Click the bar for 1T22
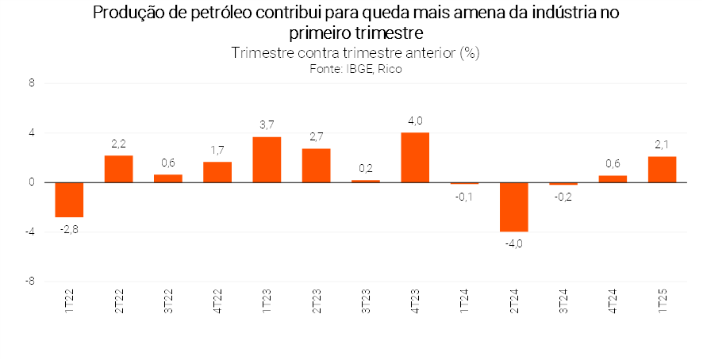pyautogui.click(x=69, y=199)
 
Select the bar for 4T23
pyautogui.click(x=415, y=157)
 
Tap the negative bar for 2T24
pyautogui.click(x=514, y=207)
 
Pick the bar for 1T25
pyautogui.click(x=663, y=169)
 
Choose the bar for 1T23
pyautogui.click(x=267, y=159)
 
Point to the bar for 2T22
pyautogui.click(x=118, y=168)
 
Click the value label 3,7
pyautogui.click(x=267, y=124)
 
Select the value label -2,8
pyautogui.click(x=69, y=229)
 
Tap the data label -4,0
pyautogui.click(x=514, y=243)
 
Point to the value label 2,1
pyautogui.click(x=663, y=144)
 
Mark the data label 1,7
pyautogui.click(x=217, y=149)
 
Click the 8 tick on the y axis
pyautogui.click(x=32, y=82)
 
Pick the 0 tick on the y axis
pyautogui.click(x=32, y=182)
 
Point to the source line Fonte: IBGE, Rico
pyautogui.click(x=356, y=69)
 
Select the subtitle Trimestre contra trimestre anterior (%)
pyautogui.click(x=356, y=53)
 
